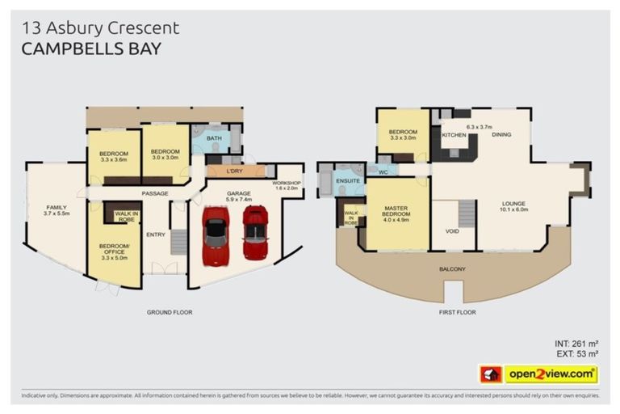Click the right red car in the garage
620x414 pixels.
click(255, 233)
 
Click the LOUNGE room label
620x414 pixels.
click(514, 204)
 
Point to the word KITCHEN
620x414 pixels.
click(454, 134)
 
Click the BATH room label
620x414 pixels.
click(213, 138)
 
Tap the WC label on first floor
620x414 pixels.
click(383, 171)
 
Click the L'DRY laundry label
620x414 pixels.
click(235, 171)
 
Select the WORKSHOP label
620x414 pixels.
click(286, 184)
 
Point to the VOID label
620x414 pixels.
click(452, 230)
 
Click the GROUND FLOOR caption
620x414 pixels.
click(170, 311)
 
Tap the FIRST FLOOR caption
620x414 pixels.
click(457, 311)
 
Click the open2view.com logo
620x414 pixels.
click(551, 374)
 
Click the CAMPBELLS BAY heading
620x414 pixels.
click(91, 49)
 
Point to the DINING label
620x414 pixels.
click(501, 134)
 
